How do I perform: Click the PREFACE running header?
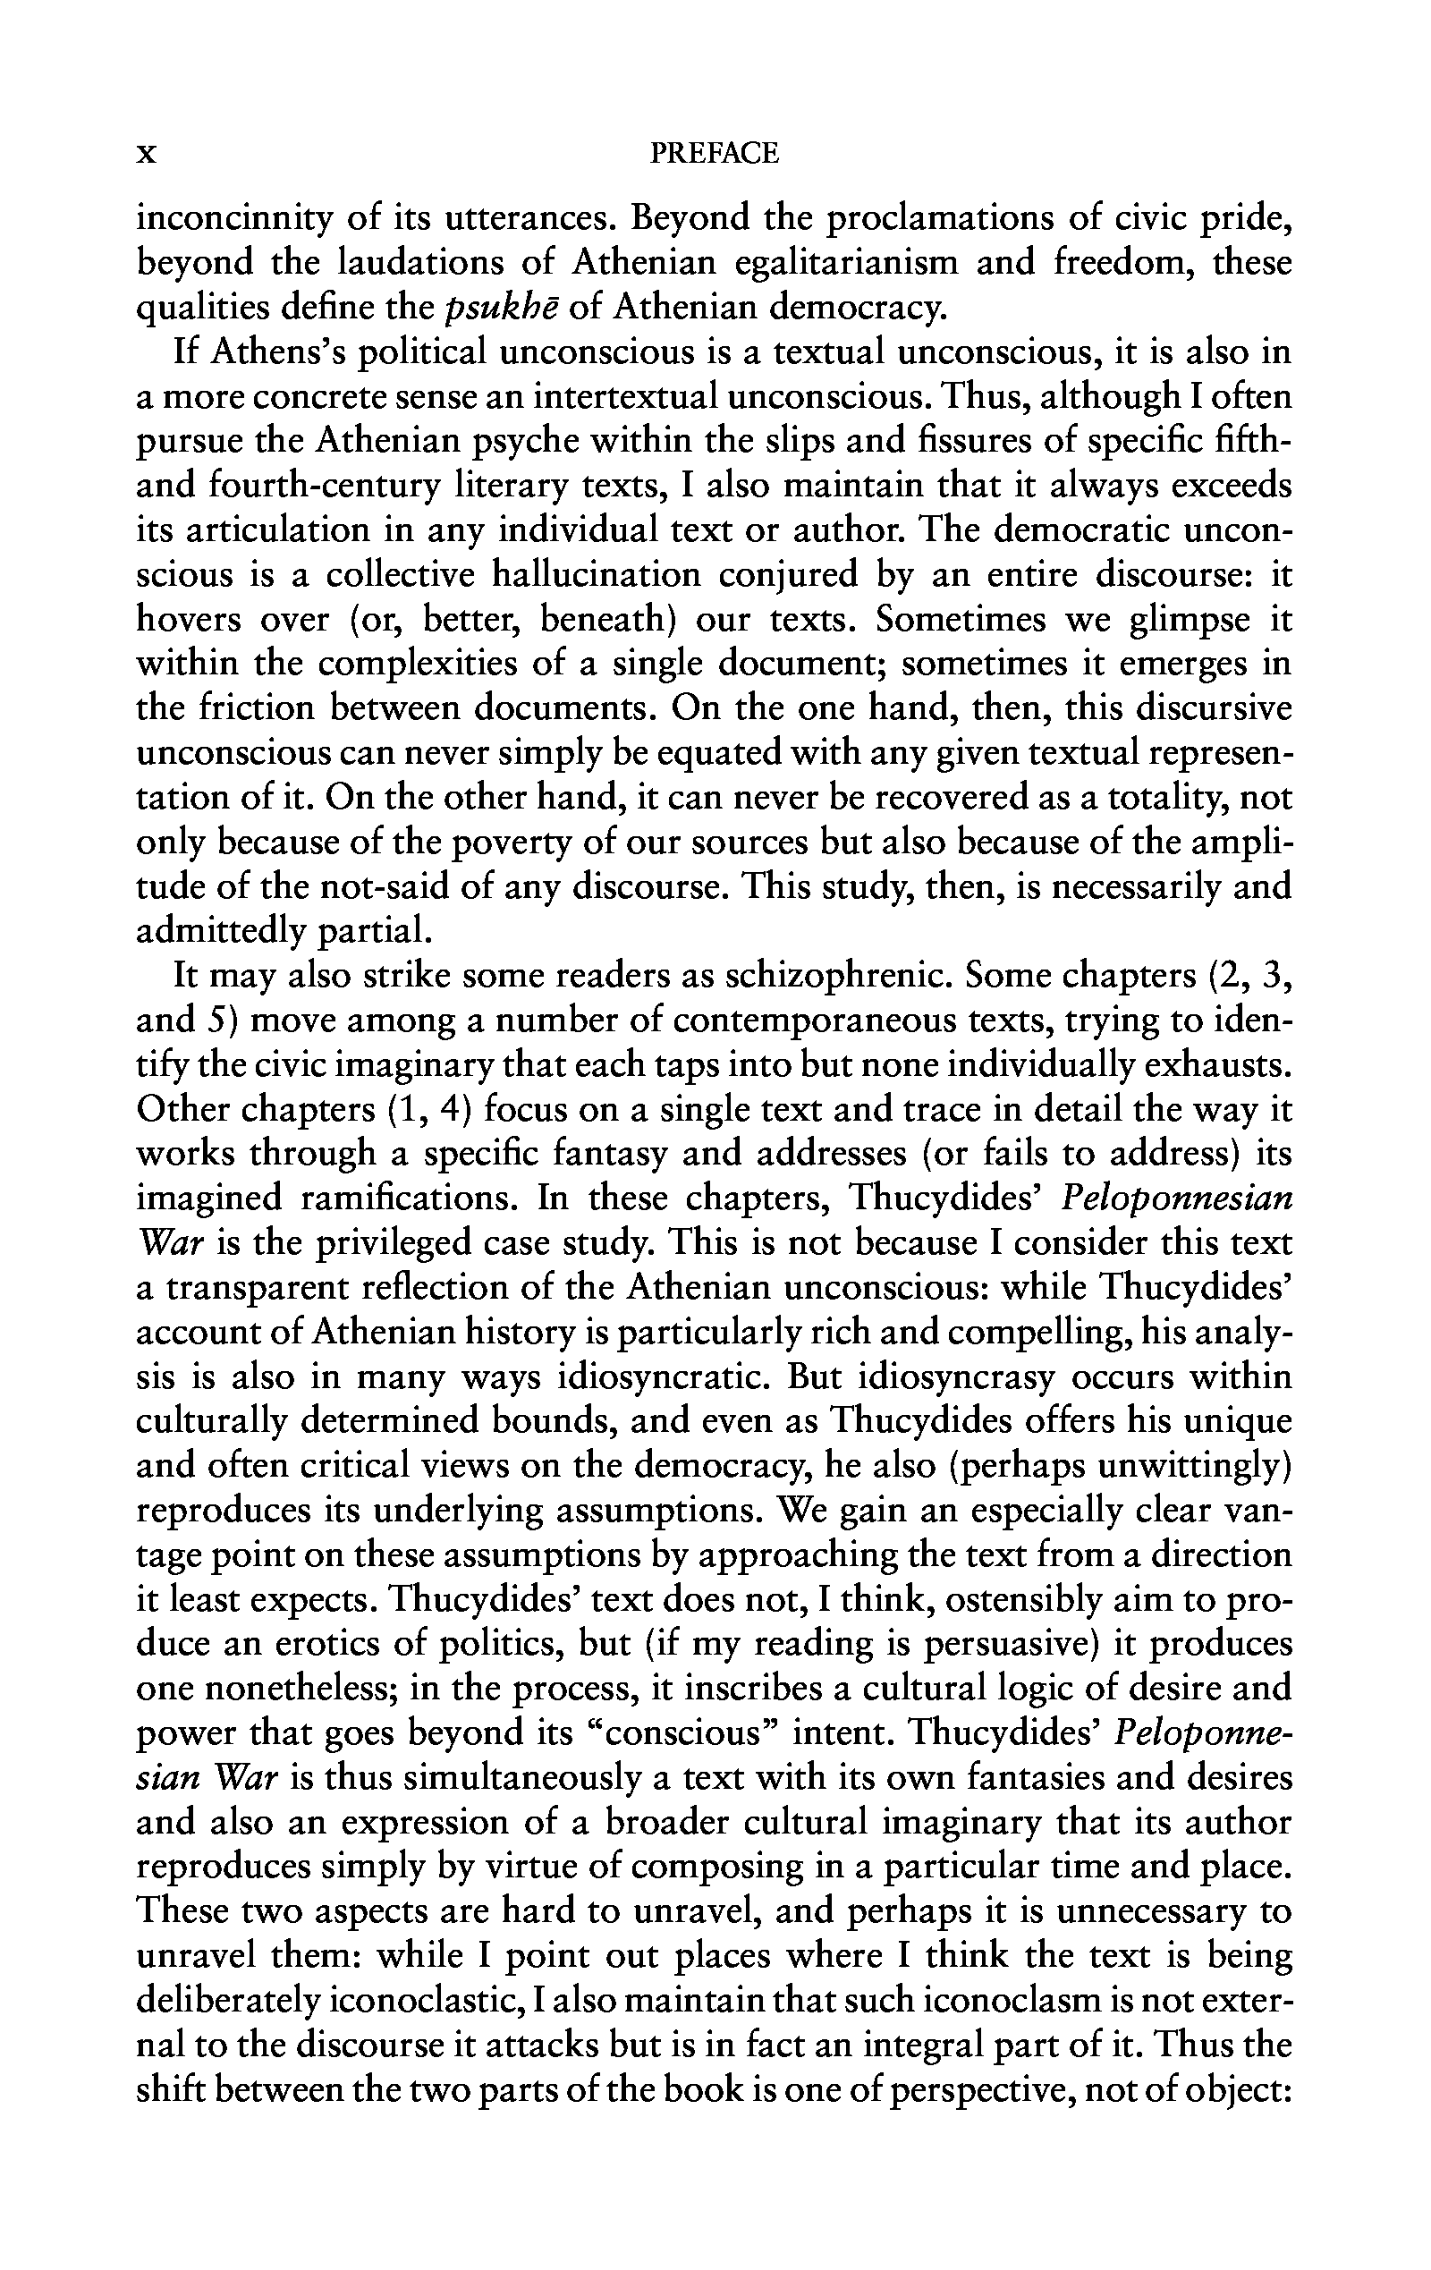pyautogui.click(x=715, y=153)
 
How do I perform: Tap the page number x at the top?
pyautogui.click(x=146, y=154)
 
